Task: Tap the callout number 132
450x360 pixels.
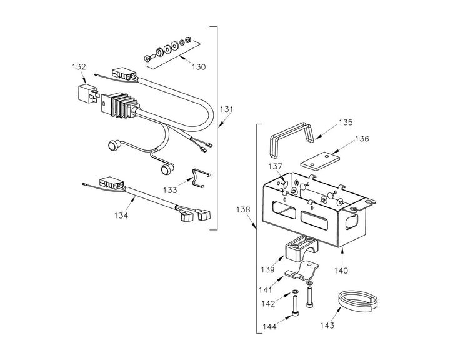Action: click(79, 66)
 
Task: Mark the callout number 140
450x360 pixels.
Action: click(341, 271)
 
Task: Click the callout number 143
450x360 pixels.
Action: click(326, 325)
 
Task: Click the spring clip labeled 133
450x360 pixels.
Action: click(199, 176)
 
